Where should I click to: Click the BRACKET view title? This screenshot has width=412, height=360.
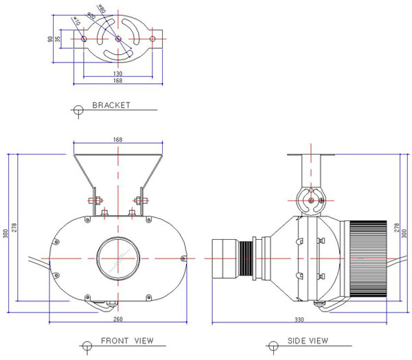point(111,106)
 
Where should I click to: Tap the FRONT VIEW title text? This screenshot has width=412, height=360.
point(127,341)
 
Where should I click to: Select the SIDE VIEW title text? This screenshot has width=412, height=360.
point(306,341)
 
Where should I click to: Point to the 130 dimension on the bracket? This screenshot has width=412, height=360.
point(119,73)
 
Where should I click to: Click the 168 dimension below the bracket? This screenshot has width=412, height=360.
point(119,82)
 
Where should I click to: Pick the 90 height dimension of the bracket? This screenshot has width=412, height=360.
point(50,39)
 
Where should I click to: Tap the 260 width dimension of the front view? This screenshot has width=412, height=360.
point(119,319)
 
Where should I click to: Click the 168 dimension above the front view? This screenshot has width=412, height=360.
point(117,141)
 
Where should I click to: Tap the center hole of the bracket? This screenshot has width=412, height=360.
point(119,39)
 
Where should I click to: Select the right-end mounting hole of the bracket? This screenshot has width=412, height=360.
point(153,39)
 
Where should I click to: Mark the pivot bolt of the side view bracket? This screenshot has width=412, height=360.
point(312,201)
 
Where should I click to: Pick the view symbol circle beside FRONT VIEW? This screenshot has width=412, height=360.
point(85,343)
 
